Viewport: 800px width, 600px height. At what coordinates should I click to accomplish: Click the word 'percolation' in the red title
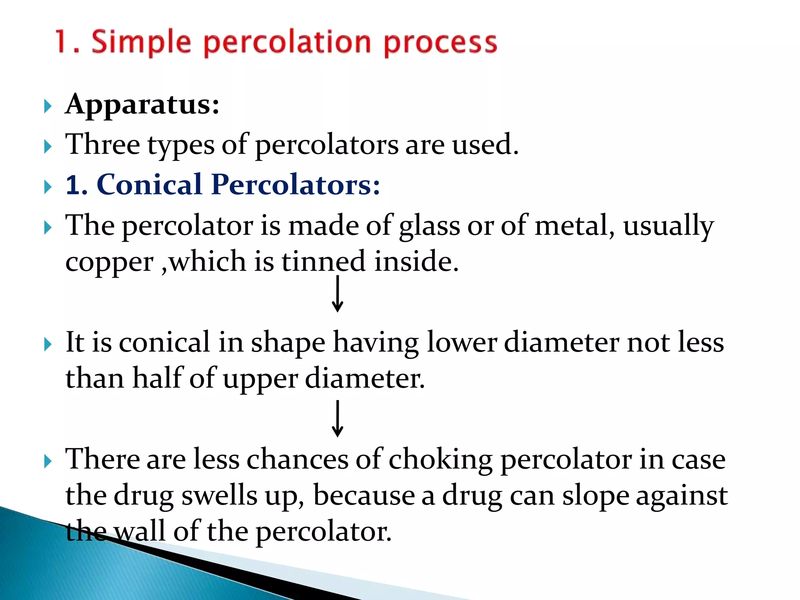tap(287, 42)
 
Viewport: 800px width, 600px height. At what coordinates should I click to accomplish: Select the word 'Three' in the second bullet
tap(103, 145)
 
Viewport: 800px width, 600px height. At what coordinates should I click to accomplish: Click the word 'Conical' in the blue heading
tap(149, 184)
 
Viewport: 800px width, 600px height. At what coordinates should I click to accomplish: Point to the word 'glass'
tap(429, 227)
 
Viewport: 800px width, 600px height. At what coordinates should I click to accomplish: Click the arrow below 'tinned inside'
tap(337, 294)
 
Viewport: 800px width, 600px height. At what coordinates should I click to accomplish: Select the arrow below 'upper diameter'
tap(337, 418)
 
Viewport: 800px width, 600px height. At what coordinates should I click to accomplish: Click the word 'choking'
tap(440, 459)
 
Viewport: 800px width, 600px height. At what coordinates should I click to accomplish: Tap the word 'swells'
tap(220, 495)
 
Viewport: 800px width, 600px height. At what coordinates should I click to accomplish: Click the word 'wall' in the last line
tap(139, 531)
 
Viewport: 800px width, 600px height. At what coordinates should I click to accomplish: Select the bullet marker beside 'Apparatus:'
tap(48, 106)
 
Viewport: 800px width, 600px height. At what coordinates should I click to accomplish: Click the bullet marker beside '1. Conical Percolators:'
tap(48, 187)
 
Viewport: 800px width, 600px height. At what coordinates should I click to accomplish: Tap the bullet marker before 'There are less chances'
tap(48, 461)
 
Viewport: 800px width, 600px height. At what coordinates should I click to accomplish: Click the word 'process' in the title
tap(440, 42)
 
